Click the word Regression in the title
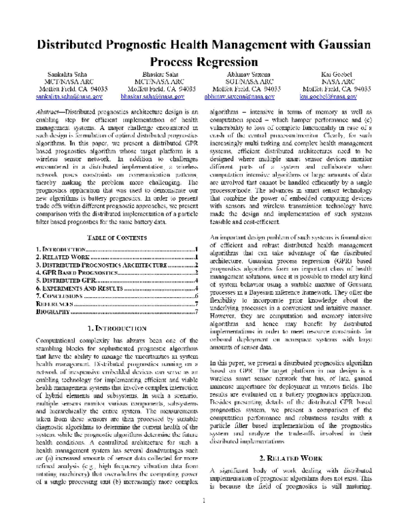click(x=224, y=63)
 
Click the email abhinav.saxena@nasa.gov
click(x=246, y=97)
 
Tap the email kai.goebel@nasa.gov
click(x=337, y=97)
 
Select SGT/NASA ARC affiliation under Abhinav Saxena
click(x=246, y=81)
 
